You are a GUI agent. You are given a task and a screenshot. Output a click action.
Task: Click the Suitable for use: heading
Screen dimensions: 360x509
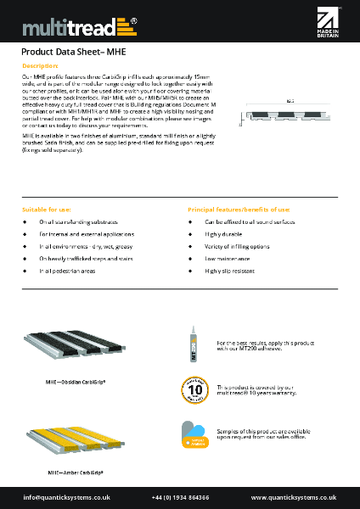[47, 209]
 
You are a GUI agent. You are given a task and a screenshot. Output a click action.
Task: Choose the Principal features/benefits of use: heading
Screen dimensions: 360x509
[239, 209]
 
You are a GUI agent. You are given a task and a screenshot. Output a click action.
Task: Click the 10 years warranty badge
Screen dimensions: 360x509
[194, 390]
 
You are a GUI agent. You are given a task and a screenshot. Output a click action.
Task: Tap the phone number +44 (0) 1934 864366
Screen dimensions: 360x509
[179, 496]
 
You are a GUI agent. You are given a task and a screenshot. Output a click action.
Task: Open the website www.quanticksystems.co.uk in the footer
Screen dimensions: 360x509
[294, 496]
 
